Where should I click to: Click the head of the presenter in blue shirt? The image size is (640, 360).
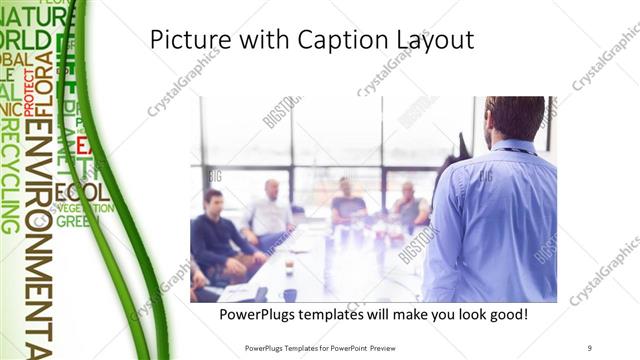click(x=514, y=118)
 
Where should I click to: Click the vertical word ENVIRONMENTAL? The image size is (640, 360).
click(x=40, y=240)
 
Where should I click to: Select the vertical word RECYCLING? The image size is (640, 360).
click(x=10, y=176)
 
